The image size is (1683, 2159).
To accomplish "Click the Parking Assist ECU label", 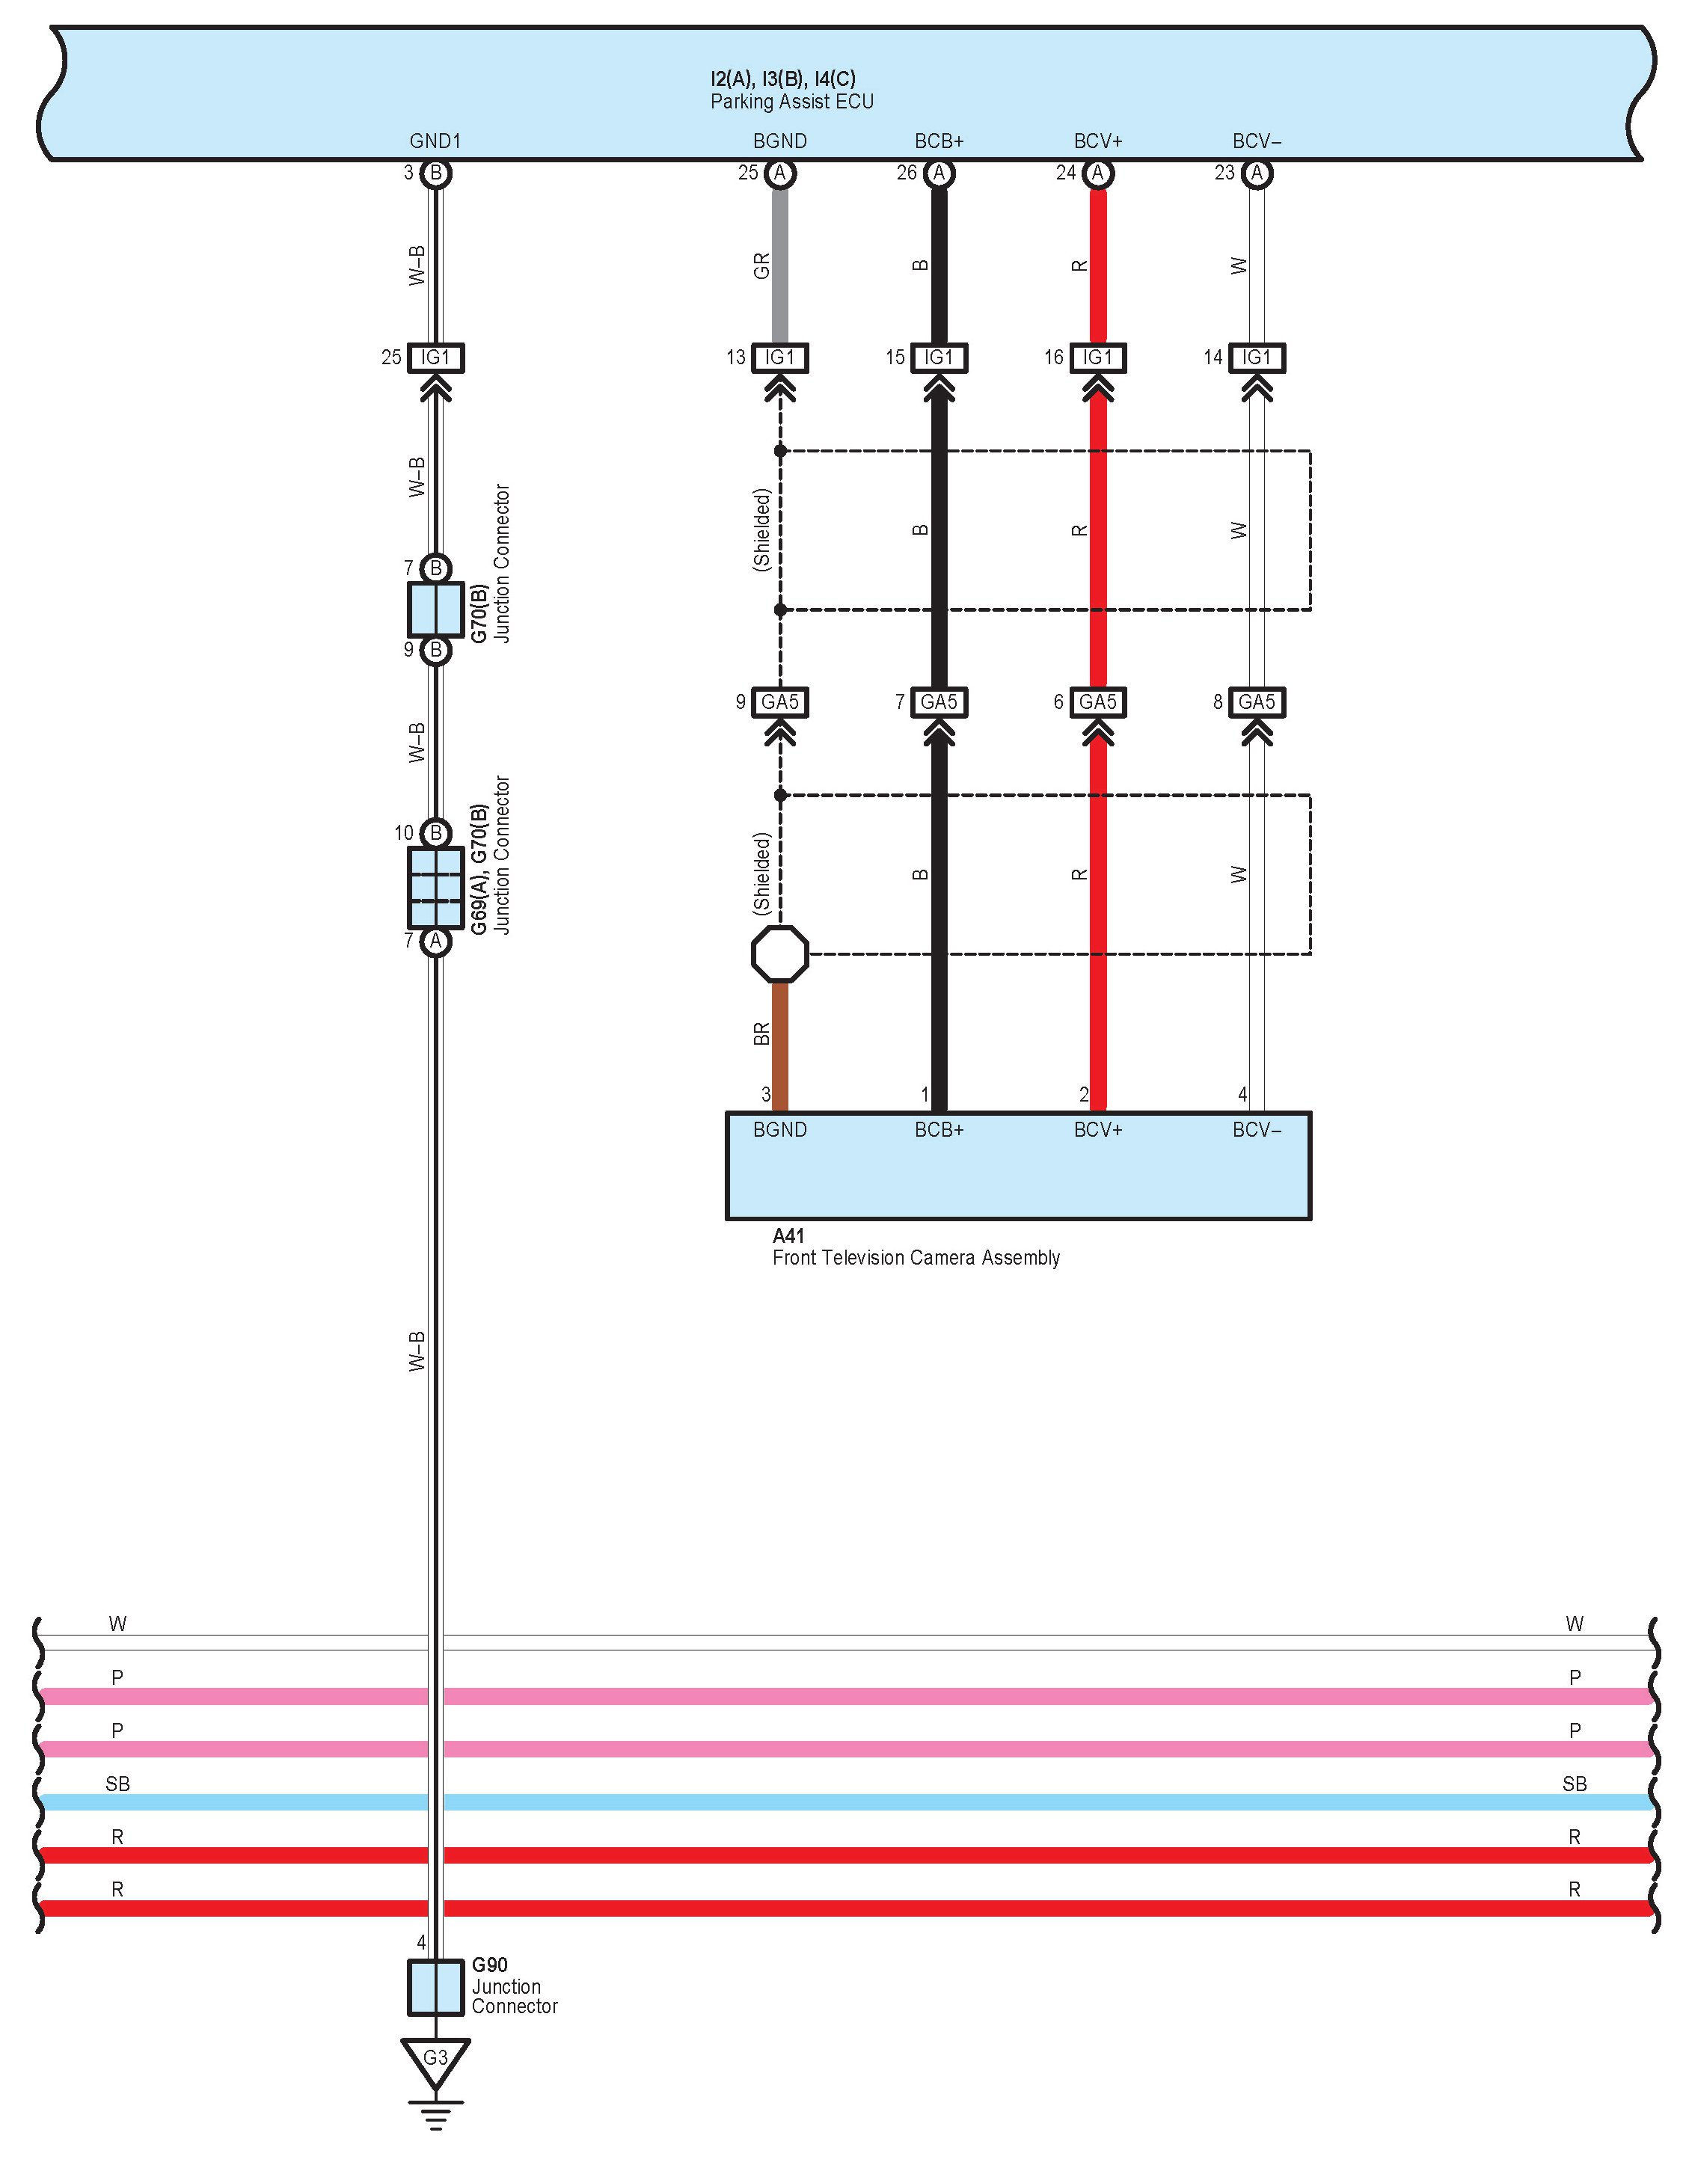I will pos(791,102).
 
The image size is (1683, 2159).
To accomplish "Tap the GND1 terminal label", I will pos(435,141).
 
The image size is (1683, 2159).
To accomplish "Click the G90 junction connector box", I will pos(435,1987).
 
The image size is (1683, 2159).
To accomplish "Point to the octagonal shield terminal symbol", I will pos(780,954).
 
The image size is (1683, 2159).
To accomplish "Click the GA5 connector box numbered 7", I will pos(939,702).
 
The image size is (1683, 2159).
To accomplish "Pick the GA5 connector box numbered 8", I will pos(1257,702).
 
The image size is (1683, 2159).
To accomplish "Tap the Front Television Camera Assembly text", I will pos(916,1257).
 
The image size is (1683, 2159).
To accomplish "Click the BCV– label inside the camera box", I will pos(1257,1130).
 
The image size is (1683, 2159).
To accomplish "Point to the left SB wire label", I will pos(117,1784).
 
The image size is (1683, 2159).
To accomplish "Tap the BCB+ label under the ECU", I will pos(939,141).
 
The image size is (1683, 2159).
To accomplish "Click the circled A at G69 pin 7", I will pos(435,941).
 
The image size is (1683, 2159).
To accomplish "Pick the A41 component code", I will pos(788,1235).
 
